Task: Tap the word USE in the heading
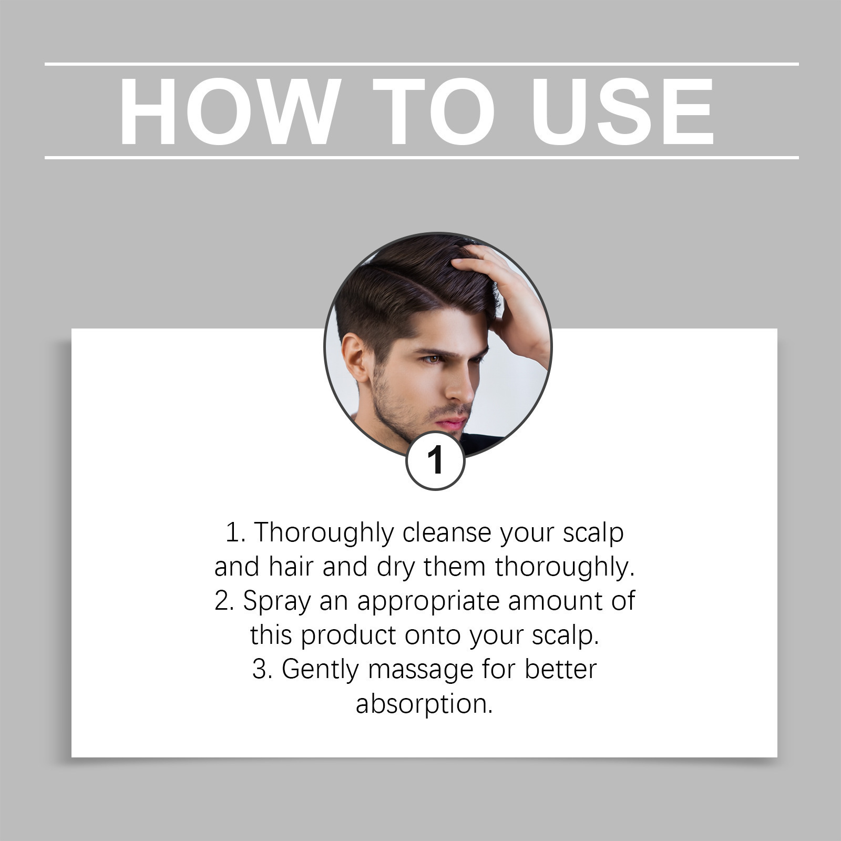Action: pyautogui.click(x=622, y=111)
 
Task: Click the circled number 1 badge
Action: pyautogui.click(x=435, y=461)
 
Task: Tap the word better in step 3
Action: pyautogui.click(x=561, y=669)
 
